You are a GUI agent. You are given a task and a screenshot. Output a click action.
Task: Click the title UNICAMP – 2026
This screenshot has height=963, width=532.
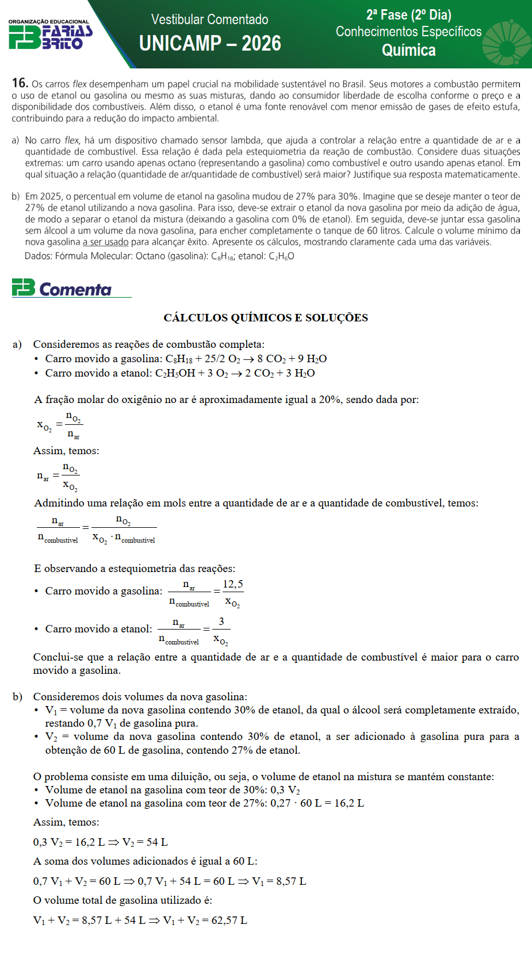coord(210,44)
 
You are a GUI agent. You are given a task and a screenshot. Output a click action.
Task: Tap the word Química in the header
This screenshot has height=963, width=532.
coord(408,51)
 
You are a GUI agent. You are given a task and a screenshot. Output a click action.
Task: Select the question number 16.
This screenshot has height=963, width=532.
coord(20,83)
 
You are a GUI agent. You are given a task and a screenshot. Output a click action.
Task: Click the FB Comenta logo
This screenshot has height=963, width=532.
coord(62,288)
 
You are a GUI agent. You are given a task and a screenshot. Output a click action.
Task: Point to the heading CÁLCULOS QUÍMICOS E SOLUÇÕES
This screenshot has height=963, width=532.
coord(266,318)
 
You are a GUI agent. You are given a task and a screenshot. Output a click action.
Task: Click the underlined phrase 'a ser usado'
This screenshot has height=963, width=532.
coord(106,242)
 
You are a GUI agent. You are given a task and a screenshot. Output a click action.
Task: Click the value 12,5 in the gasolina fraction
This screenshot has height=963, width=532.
coord(232,584)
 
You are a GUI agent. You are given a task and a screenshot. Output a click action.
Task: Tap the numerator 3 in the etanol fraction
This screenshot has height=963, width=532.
coord(221,621)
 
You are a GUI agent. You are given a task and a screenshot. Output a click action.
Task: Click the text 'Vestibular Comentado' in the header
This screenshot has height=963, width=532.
coord(209,20)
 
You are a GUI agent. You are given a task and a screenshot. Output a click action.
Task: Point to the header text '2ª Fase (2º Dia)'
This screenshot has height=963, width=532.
coord(408,15)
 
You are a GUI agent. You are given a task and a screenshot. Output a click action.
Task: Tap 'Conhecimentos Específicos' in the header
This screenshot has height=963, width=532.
coord(408,32)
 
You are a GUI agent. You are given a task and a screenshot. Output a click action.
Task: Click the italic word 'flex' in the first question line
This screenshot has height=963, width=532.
coord(79,84)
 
